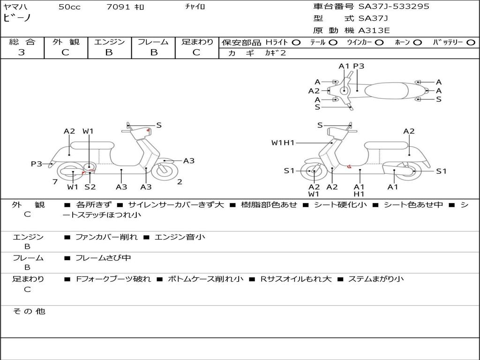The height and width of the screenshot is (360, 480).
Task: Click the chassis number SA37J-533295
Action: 394,7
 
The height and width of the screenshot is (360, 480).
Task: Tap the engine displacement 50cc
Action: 69,7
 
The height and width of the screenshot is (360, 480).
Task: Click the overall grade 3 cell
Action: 22,52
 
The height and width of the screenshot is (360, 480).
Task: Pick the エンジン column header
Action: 109,42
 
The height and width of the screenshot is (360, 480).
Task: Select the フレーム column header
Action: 153,42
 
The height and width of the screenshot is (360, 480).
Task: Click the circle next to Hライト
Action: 296,43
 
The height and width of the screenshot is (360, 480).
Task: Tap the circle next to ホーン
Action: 418,43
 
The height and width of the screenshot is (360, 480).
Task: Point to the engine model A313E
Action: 374,31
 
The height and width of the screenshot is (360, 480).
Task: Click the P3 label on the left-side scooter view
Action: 37,164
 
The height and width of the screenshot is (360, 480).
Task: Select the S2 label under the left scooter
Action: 90,187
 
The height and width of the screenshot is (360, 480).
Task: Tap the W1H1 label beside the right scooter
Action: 283,142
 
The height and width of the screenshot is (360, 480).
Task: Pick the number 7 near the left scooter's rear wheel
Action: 55,182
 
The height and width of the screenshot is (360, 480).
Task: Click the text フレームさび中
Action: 103,258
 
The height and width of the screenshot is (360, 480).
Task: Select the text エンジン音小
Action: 180,237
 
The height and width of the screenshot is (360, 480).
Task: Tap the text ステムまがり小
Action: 375,279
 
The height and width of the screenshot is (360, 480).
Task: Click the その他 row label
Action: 29,311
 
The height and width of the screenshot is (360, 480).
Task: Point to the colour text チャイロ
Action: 195,7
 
